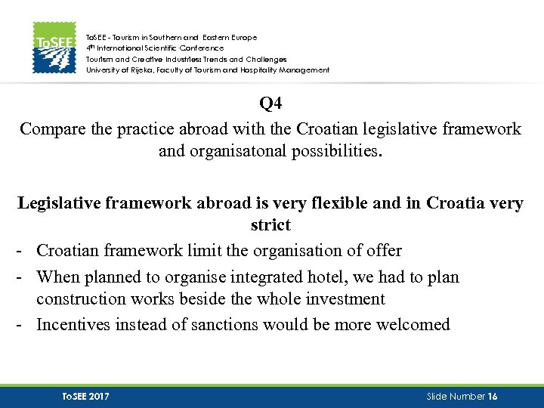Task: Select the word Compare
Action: coord(48,128)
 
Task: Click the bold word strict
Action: coord(270,225)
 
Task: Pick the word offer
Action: coord(382,250)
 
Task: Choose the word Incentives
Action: coord(73,325)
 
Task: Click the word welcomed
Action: coord(410,325)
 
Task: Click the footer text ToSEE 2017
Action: coord(85,397)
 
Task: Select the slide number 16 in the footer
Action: coord(493,397)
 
